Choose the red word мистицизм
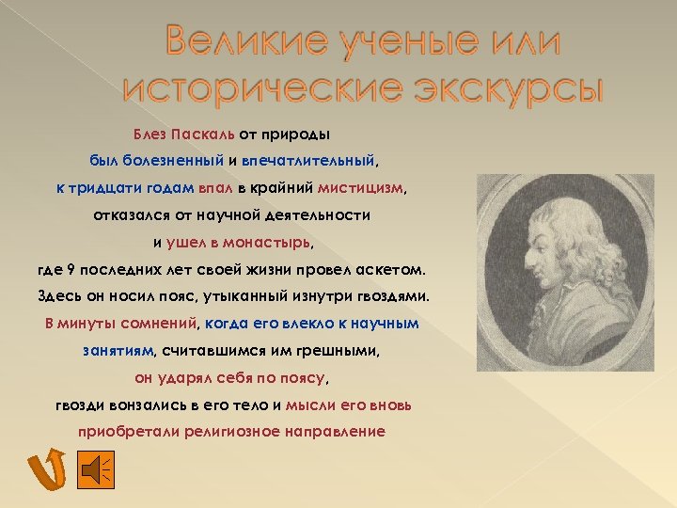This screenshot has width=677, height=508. (x=361, y=187)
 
